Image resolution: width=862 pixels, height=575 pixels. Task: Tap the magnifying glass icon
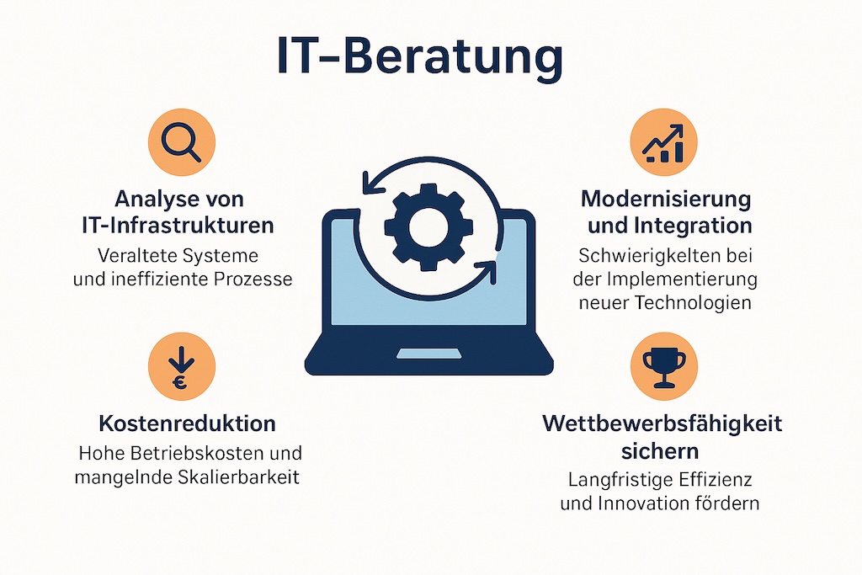181,141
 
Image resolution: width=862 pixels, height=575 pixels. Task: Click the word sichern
662,450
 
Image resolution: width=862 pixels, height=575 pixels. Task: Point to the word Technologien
695,302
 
